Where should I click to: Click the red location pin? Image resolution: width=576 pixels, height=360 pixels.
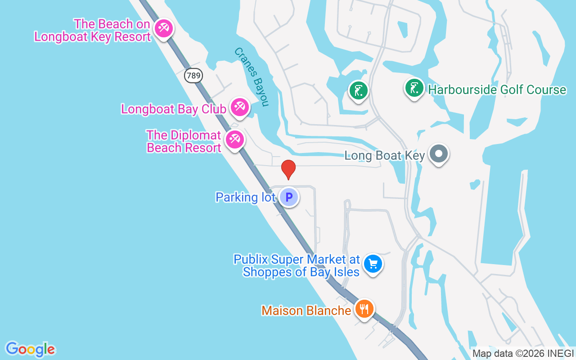coord(288,169)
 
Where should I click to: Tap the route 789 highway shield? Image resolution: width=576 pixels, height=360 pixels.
coord(193,76)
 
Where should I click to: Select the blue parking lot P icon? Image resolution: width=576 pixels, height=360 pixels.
coord(289,197)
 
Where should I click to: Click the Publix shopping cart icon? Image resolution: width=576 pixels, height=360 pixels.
coord(373,264)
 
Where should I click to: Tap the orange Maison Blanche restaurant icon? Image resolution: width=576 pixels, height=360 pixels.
coord(364,309)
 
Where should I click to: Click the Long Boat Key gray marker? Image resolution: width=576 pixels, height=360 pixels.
coord(438,154)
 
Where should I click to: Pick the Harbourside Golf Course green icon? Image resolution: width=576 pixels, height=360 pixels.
coord(414,88)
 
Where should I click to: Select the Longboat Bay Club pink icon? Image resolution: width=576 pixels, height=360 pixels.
coord(239,107)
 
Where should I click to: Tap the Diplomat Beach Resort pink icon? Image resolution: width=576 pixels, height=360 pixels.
coord(234,139)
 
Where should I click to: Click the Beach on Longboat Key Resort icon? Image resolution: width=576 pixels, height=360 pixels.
coord(163,29)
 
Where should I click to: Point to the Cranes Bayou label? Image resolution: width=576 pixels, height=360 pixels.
coord(251,77)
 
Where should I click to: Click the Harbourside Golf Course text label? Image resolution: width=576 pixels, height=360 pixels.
coord(497,90)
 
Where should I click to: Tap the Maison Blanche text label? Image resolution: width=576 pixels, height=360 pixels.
coord(306,310)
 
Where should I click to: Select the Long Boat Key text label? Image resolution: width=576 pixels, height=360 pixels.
coord(384,156)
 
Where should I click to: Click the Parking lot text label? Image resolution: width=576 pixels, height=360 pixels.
coord(245,197)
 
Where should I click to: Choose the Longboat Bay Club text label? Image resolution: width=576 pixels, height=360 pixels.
coord(174,109)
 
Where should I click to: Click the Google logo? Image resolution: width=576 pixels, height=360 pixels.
coord(30,349)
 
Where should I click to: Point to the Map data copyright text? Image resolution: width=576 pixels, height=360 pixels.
coord(522,354)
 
